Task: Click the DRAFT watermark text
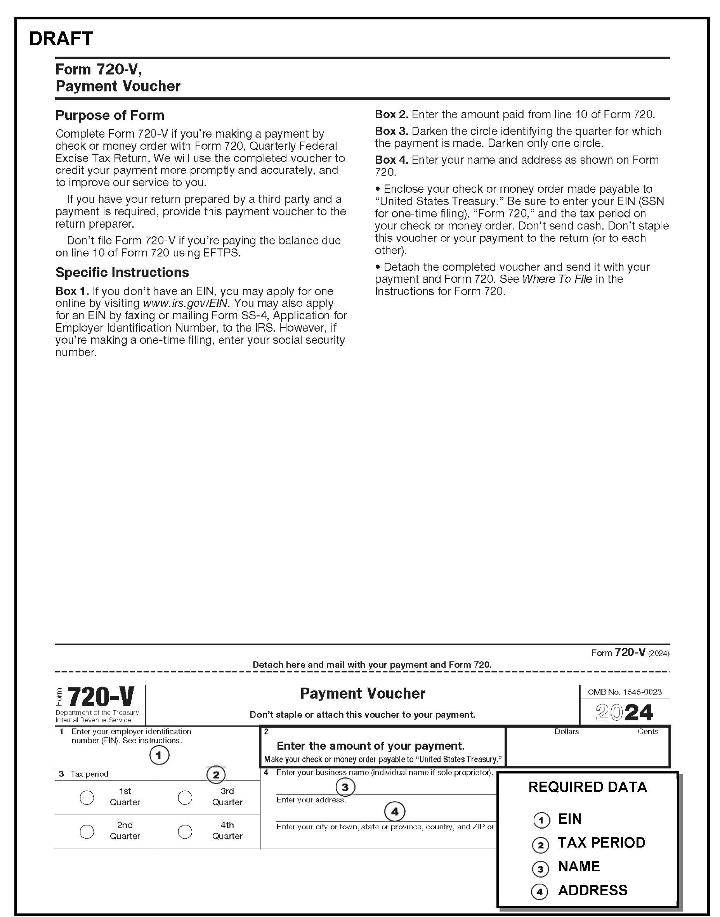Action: [61, 39]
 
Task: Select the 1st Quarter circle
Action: [87, 797]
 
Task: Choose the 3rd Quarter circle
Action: [185, 797]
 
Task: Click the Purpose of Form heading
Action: [109, 116]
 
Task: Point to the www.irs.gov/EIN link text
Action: [186, 303]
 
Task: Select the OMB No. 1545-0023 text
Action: [625, 692]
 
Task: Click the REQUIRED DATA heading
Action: [588, 787]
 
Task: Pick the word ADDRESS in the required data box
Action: [593, 890]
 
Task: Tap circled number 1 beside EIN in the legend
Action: [542, 820]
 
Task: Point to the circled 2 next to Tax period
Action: [216, 775]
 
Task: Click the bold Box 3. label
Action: [391, 131]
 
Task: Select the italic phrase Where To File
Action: [557, 279]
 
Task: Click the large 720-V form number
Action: [100, 697]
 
